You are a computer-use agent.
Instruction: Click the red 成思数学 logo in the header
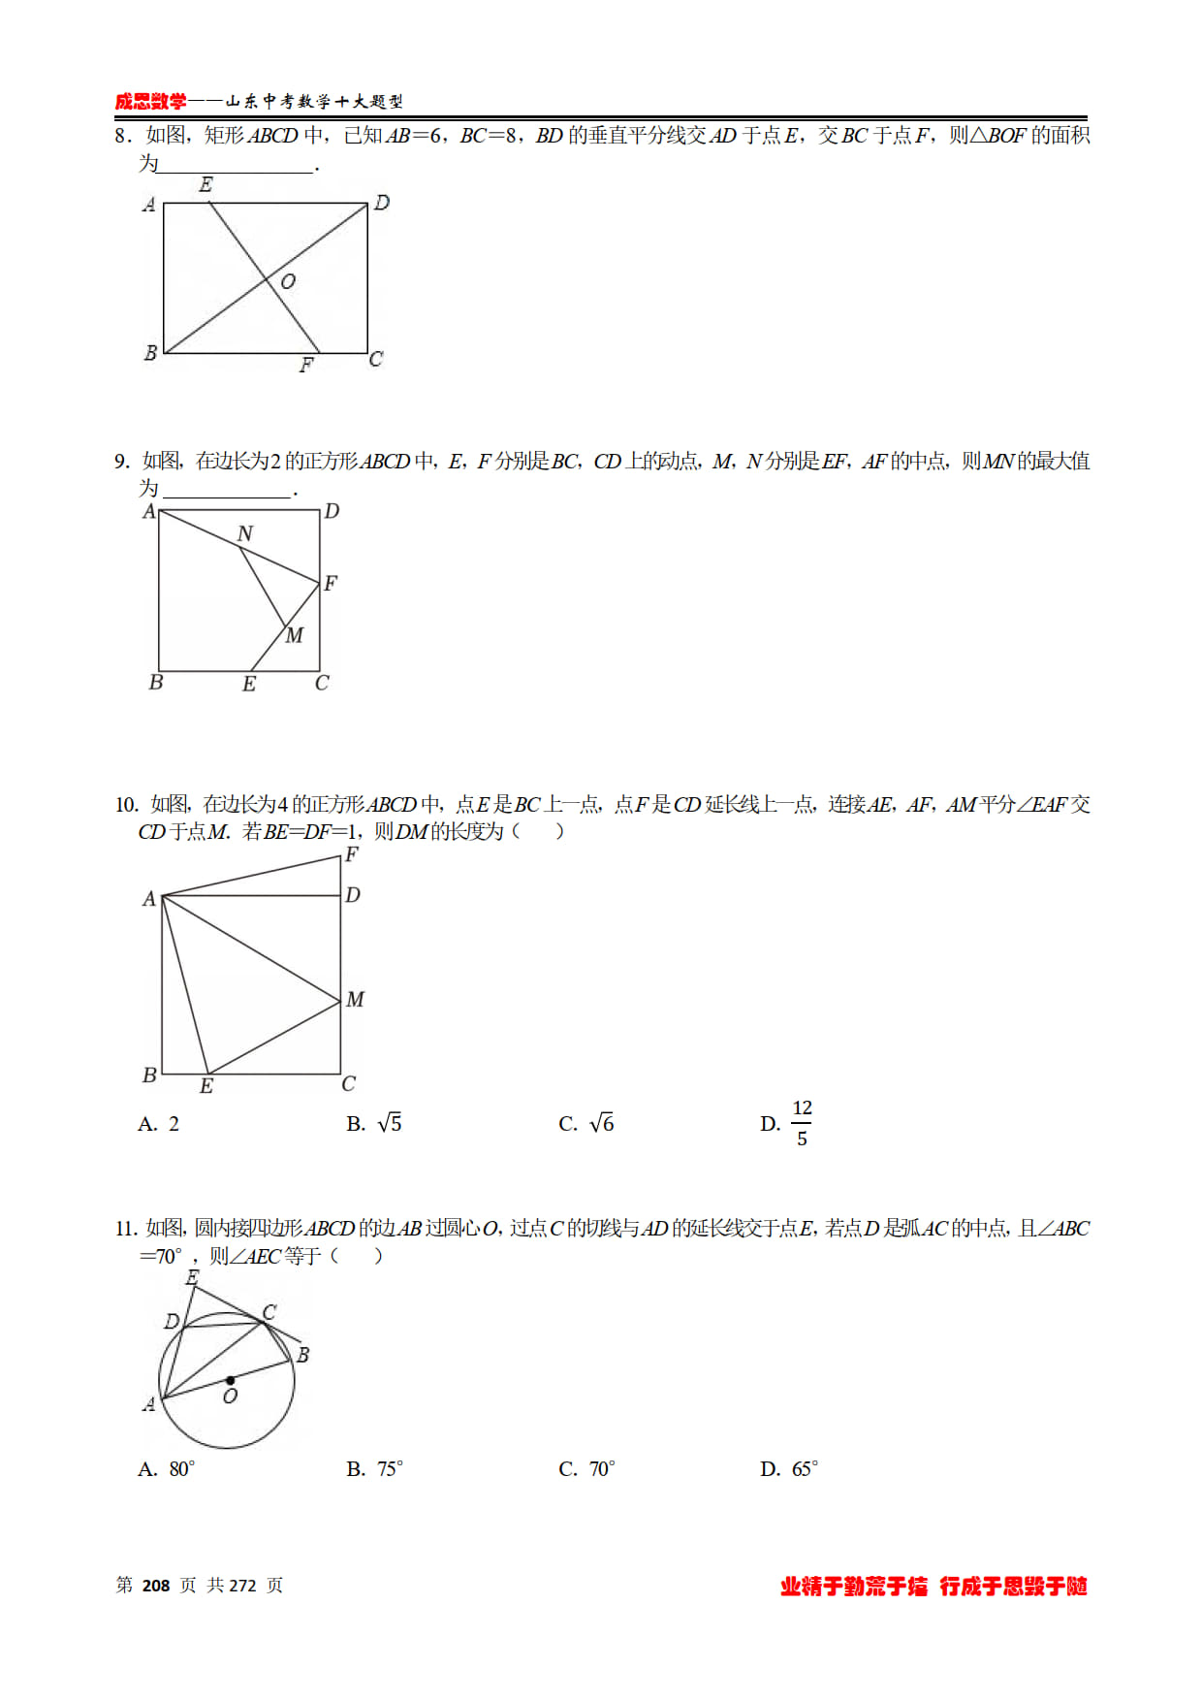pos(150,101)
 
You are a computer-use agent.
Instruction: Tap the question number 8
pos(120,136)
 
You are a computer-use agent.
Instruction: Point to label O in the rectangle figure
pos(288,282)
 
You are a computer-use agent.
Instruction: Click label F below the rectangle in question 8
pos(306,366)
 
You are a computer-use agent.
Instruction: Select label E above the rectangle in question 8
pos(206,184)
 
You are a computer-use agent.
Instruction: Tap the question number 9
pos(120,462)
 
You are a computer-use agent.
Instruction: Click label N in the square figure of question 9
pos(245,533)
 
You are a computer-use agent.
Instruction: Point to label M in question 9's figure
pos(295,635)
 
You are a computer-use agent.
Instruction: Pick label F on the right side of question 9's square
pos(331,583)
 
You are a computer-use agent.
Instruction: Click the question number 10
pos(126,805)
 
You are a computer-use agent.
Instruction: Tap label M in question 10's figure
pos(355,999)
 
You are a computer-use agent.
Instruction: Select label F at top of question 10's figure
pos(352,854)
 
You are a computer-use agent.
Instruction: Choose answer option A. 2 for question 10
pos(159,1124)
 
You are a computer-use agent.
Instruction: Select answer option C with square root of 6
pos(586,1123)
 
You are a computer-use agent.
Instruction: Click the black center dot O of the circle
pos(230,1380)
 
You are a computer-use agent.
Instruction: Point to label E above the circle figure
pos(192,1278)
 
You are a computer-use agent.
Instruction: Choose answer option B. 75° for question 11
pos(375,1469)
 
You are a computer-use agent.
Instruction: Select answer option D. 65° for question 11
pos(789,1469)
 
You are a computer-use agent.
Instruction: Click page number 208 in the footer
pos(156,1586)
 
